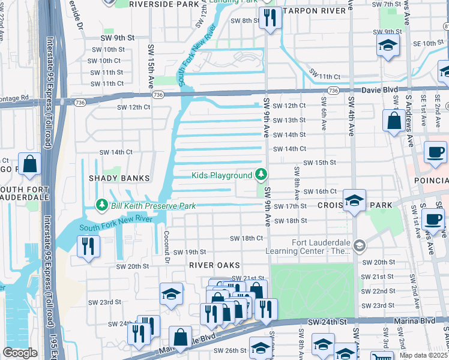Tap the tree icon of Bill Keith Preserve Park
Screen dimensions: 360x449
pyautogui.click(x=102, y=206)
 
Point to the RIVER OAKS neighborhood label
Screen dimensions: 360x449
pyautogui.click(x=214, y=265)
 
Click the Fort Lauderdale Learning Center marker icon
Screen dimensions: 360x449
pyautogui.click(x=359, y=245)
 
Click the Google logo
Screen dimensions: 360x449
pyautogui.click(x=19, y=353)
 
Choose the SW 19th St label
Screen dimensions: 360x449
pyautogui.click(x=190, y=252)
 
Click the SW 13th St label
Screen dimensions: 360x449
pyautogui.click(x=289, y=120)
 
